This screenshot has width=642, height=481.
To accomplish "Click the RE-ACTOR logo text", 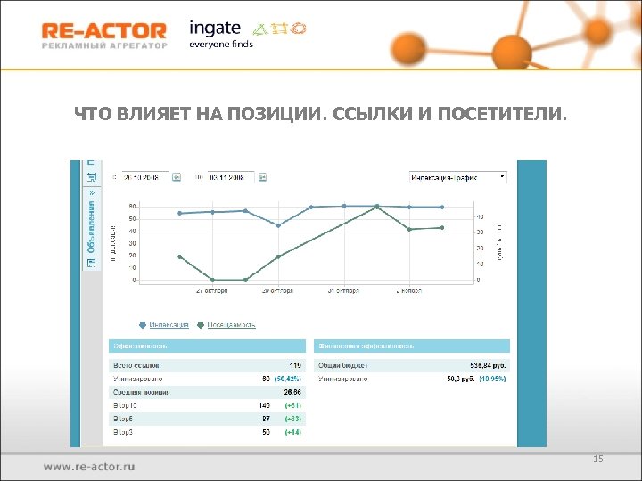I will pyautogui.click(x=103, y=31).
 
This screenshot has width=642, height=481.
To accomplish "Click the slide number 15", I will pyautogui.click(x=598, y=459).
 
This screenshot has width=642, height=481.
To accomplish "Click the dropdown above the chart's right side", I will pyautogui.click(x=457, y=177).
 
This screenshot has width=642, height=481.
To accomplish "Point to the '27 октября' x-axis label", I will pyautogui.click(x=211, y=290).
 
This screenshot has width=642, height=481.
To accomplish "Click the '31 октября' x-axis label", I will pyautogui.click(x=343, y=290).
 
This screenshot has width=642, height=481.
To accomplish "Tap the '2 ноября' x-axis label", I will pyautogui.click(x=408, y=290).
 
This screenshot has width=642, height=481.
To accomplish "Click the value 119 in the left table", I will pyautogui.click(x=295, y=365).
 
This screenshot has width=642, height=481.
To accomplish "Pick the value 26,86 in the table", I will pyautogui.click(x=292, y=392).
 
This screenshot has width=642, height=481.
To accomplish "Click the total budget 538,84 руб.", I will pyautogui.click(x=490, y=365).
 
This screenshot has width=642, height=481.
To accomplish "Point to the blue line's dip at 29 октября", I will pyautogui.click(x=278, y=225).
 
